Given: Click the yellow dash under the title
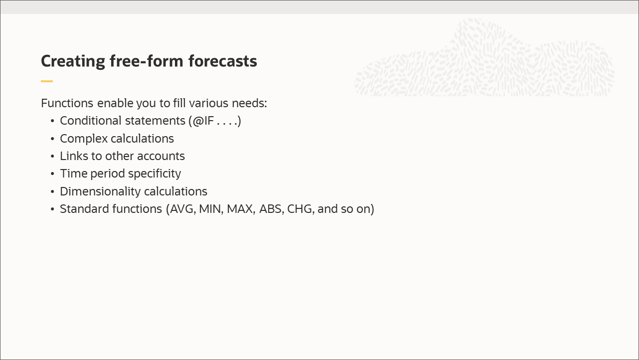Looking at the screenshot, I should (x=47, y=81).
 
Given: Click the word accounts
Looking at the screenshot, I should (x=160, y=156).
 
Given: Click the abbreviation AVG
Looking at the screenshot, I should (x=182, y=208).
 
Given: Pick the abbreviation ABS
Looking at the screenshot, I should (x=271, y=208).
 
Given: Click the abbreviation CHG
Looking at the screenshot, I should (x=300, y=208).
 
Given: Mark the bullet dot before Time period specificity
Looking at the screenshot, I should (x=53, y=174).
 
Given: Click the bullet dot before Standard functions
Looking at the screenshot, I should (x=53, y=209).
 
